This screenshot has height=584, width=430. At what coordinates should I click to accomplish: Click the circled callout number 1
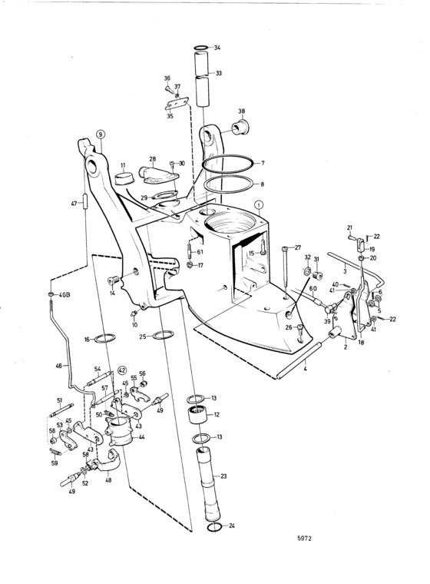(x=259, y=204)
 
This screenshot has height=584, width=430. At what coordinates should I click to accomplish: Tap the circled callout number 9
(x=100, y=134)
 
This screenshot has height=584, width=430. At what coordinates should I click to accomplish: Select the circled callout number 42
(x=122, y=370)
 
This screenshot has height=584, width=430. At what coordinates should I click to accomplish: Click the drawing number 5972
(x=304, y=538)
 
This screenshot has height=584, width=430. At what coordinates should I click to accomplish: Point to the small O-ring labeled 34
(x=201, y=48)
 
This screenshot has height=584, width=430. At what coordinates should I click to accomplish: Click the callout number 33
(x=219, y=73)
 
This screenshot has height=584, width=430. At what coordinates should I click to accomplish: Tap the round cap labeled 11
(x=123, y=178)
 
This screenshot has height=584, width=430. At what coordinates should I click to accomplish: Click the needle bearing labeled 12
(x=197, y=415)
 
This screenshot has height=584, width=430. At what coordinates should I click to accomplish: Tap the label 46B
(x=64, y=295)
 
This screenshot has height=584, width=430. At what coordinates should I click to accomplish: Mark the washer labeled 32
(x=307, y=270)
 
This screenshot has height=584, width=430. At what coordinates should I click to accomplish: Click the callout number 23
(x=223, y=476)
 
